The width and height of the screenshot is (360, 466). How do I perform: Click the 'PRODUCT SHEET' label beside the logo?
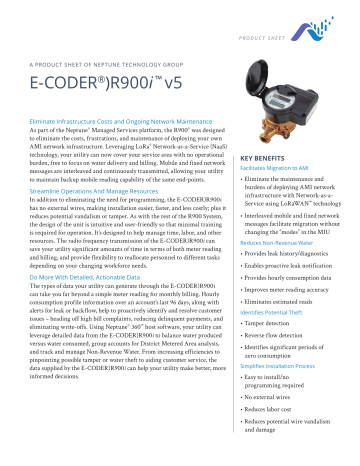[295, 17]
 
